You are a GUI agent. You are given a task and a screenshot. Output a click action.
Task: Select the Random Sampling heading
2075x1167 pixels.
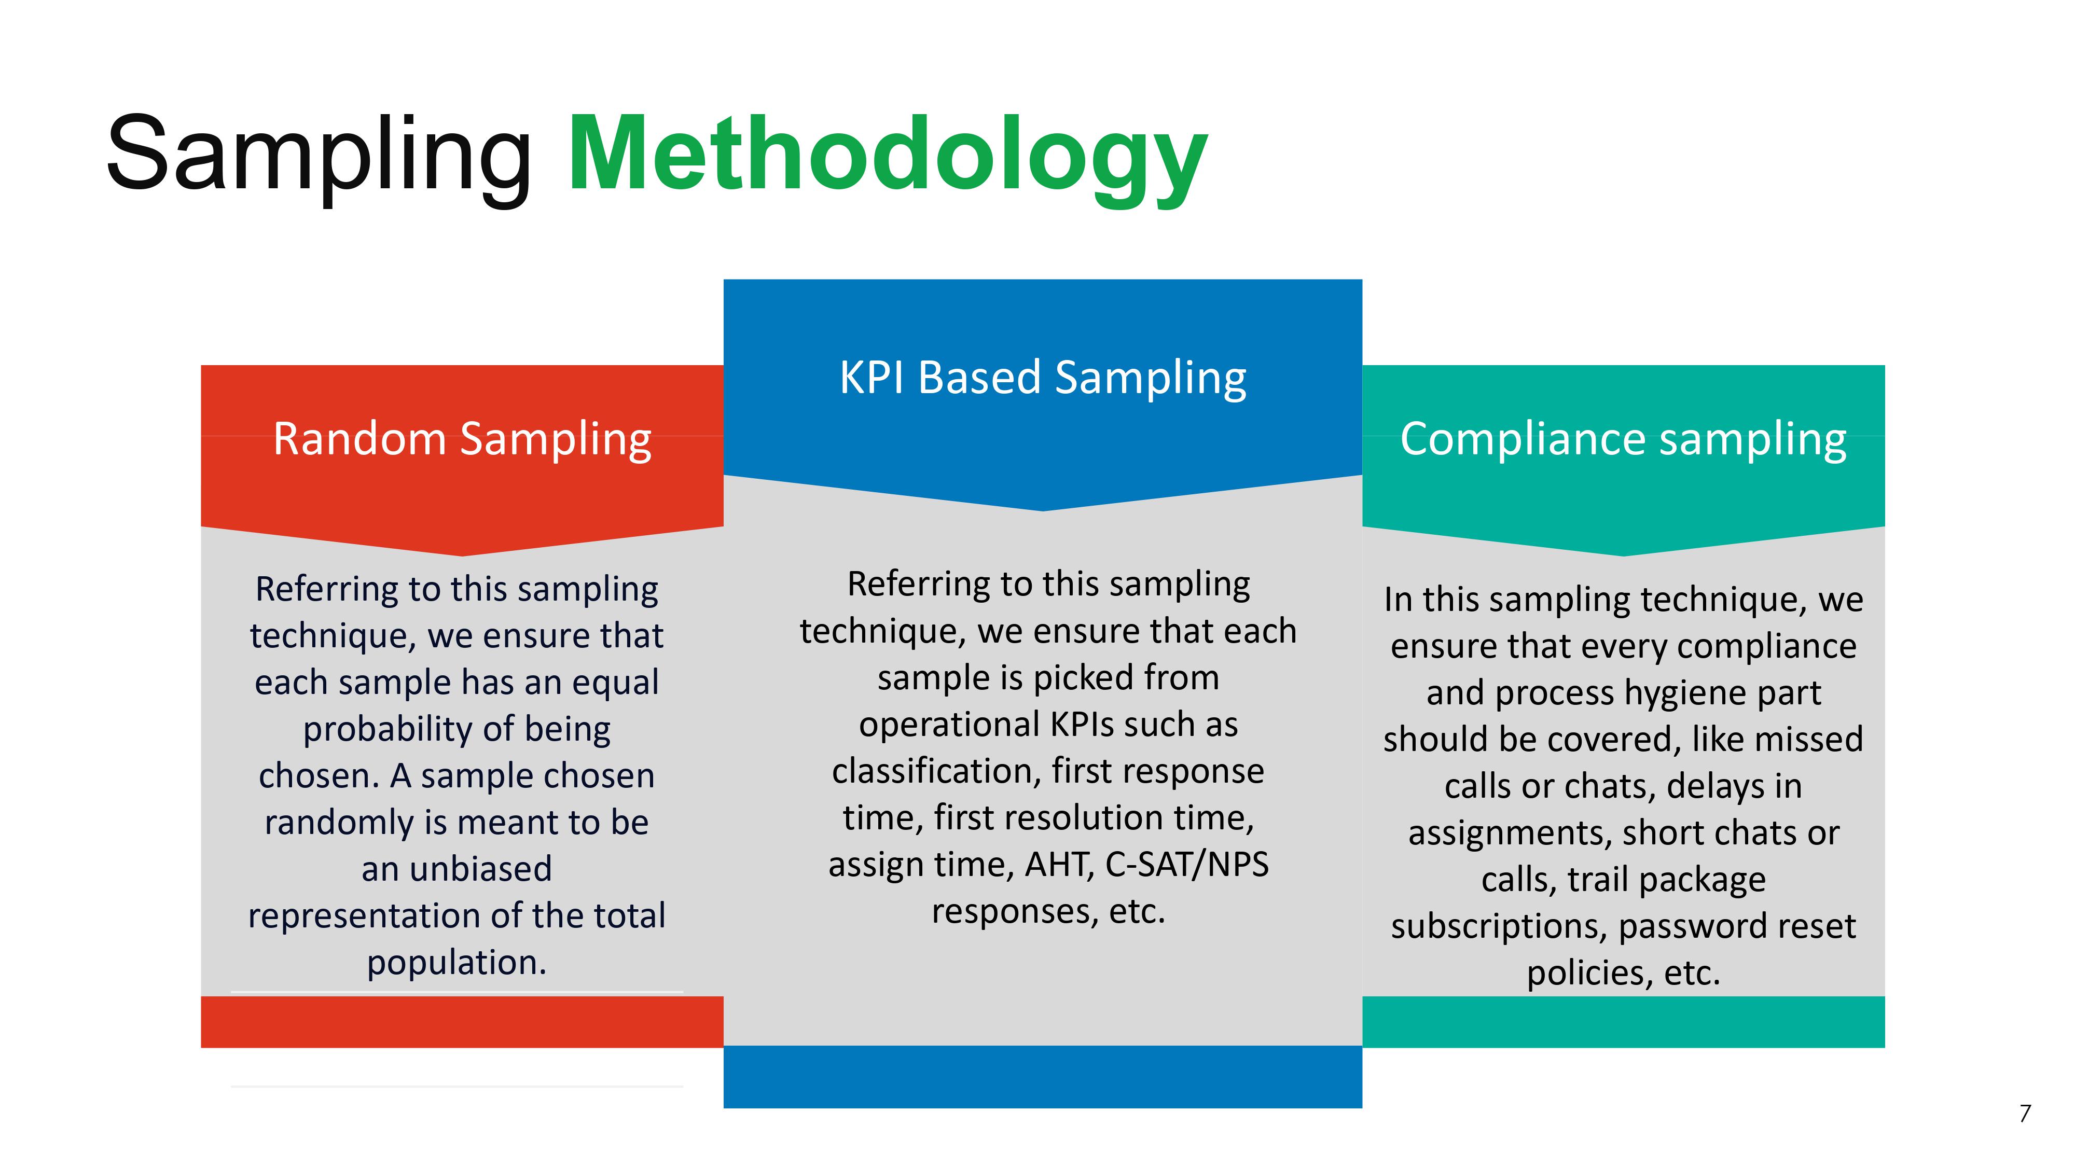click(x=462, y=440)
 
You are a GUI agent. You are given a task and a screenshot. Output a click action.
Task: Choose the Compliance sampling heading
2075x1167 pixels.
click(x=1623, y=440)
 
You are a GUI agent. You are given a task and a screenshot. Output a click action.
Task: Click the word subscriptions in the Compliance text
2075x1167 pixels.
click(x=1499, y=927)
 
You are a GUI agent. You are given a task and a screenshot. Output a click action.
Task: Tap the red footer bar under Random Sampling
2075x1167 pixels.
click(x=462, y=1021)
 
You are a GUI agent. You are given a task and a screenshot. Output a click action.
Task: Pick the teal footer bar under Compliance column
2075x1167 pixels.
click(x=1623, y=1021)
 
